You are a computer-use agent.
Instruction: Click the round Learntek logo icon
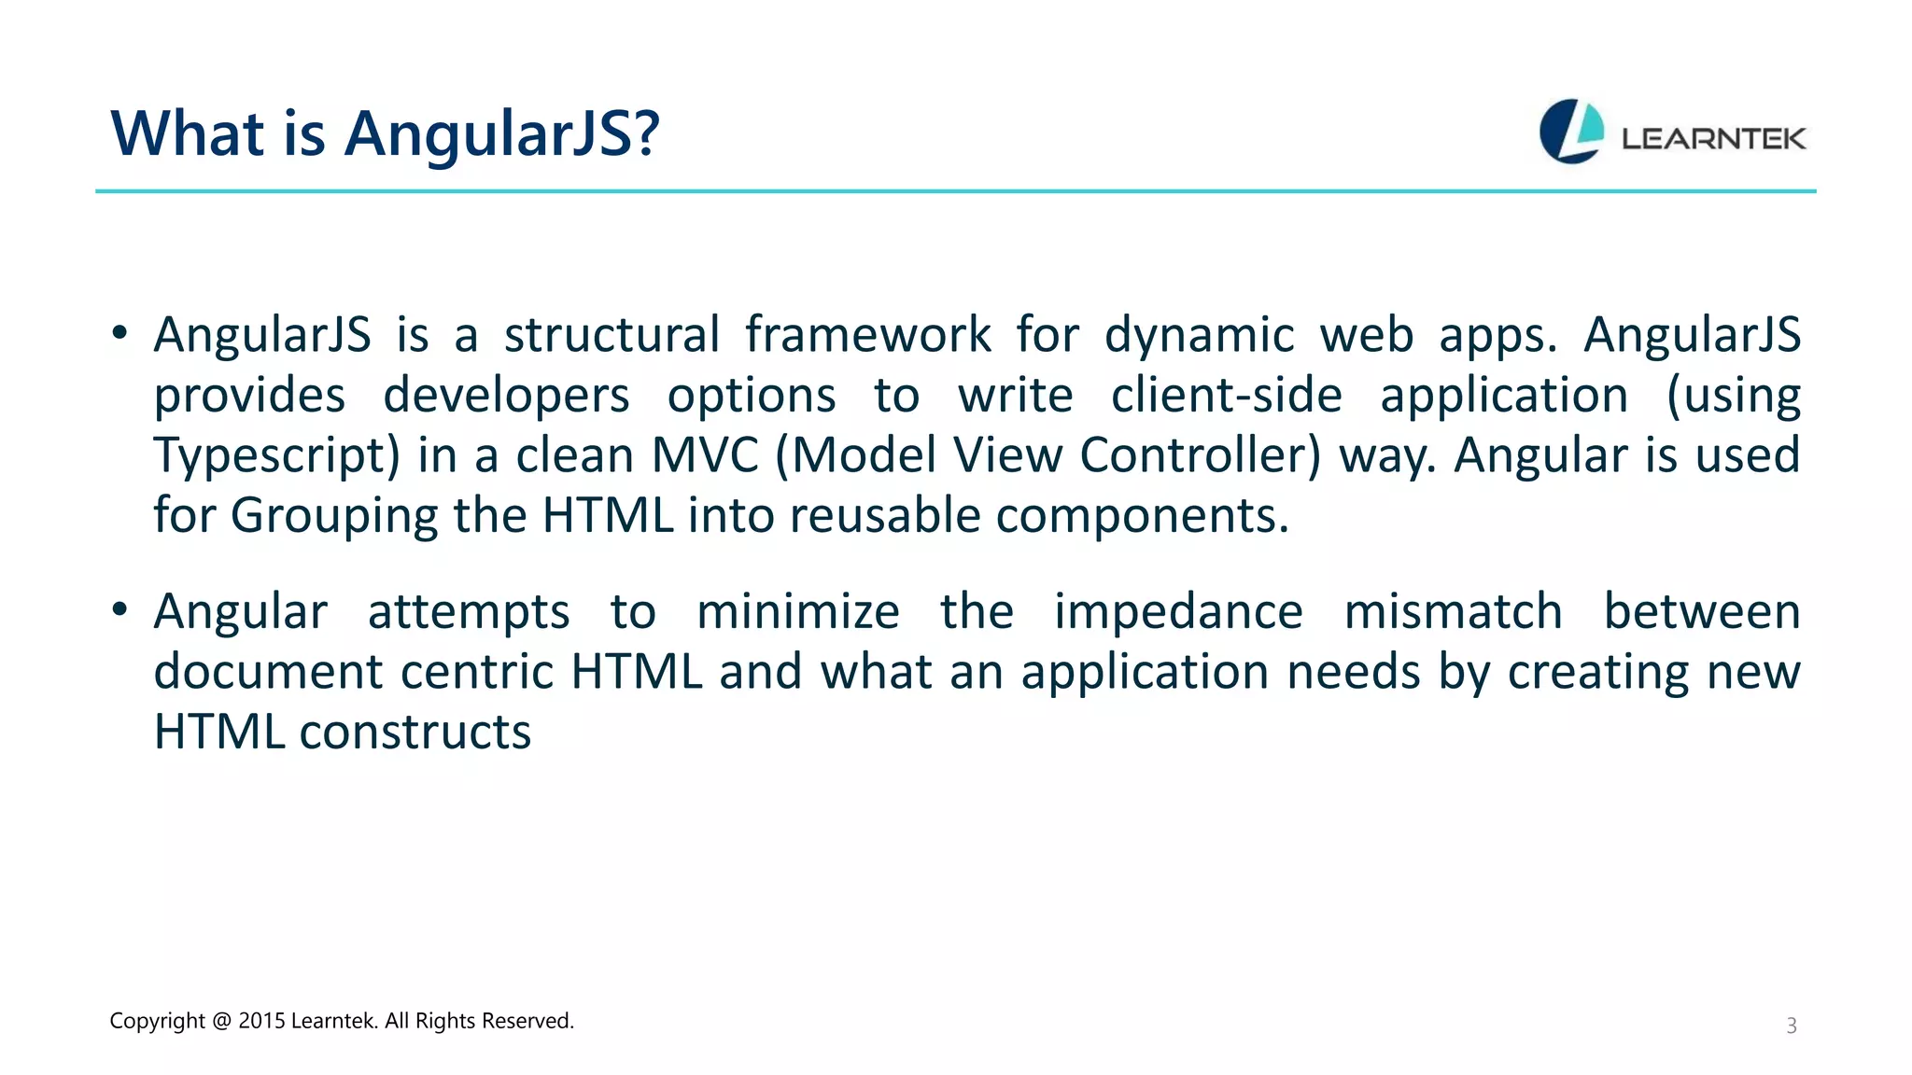point(1571,132)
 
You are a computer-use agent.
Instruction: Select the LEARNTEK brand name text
point(1713,139)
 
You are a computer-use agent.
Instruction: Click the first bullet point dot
point(119,334)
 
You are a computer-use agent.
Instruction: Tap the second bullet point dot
point(119,610)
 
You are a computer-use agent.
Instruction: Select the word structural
point(612,334)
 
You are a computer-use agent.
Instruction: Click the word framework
point(867,334)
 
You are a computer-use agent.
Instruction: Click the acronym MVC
point(705,455)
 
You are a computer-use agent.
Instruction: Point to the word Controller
point(1200,455)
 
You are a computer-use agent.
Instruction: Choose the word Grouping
point(333,516)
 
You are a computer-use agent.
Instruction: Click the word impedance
point(1178,612)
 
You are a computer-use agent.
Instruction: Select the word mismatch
point(1453,612)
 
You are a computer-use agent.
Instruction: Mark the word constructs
point(415,732)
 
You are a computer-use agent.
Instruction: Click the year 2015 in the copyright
point(261,1021)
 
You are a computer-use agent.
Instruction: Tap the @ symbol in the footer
point(221,1021)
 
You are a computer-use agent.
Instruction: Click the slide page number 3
point(1792,1026)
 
